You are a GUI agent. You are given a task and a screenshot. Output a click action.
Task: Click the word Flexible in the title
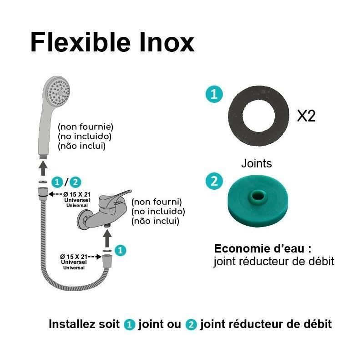pyautogui.click(x=79, y=42)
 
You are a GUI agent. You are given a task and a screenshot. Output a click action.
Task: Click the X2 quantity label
pyautogui.click(x=306, y=116)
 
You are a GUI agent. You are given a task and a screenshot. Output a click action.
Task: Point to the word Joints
pyautogui.click(x=256, y=163)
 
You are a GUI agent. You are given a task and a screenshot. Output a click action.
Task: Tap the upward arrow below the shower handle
pyautogui.click(x=43, y=168)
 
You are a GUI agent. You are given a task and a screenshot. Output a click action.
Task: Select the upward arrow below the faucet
pyautogui.click(x=107, y=238)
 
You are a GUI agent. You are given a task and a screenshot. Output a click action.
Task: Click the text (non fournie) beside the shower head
pyautogui.click(x=85, y=126)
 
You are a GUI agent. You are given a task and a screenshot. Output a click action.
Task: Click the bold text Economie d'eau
pyautogui.click(x=263, y=249)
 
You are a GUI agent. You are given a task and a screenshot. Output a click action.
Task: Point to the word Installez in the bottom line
pyautogui.click(x=72, y=324)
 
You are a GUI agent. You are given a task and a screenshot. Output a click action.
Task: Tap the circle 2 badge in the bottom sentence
pyautogui.click(x=191, y=325)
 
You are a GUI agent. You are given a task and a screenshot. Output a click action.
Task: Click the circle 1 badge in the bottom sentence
pyautogui.click(x=130, y=325)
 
